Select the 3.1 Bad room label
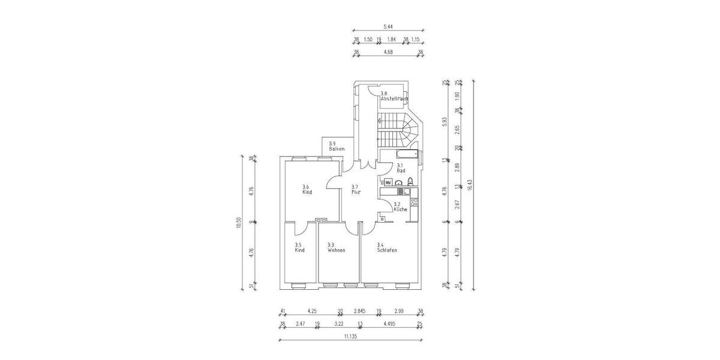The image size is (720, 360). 401,168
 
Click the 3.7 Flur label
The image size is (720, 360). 355,190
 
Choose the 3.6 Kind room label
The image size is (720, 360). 307,190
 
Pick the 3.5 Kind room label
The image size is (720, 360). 299,247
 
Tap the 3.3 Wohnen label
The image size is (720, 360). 336,247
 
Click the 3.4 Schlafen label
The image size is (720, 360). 387,247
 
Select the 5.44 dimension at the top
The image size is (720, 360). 388,26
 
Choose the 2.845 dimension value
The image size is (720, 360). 359,311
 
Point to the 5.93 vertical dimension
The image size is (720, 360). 445,120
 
